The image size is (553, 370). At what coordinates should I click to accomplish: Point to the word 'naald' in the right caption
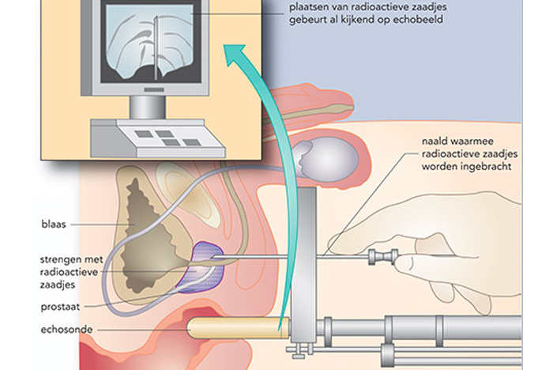click(434, 142)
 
